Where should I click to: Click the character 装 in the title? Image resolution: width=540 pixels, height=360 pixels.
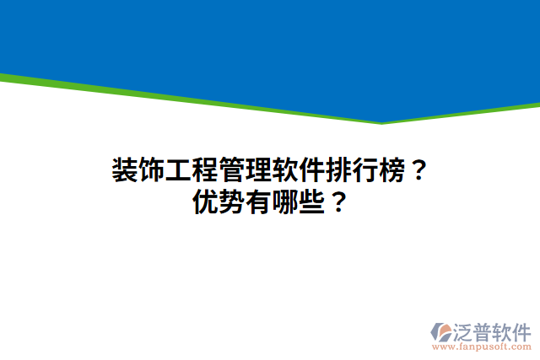(125, 171)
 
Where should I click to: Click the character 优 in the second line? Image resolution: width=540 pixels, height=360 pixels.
(206, 203)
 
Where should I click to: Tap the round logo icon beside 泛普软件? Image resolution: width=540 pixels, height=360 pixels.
(441, 332)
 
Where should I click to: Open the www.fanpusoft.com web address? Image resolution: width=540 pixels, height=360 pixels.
(482, 347)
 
